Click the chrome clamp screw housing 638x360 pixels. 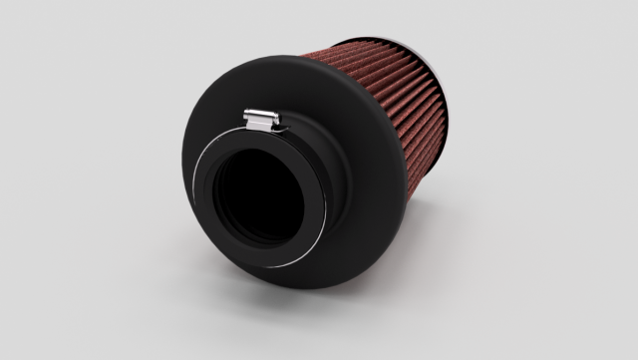(261, 121)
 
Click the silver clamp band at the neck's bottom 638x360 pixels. (274, 266)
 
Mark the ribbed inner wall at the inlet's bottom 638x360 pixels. (261, 237)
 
